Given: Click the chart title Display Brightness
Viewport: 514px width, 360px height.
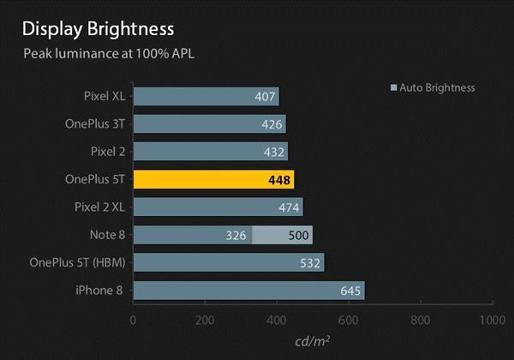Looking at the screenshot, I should pos(99,29).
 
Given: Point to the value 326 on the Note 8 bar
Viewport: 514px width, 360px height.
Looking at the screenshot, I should pos(236,235).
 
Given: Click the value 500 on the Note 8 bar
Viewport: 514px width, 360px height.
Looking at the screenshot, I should pos(299,235).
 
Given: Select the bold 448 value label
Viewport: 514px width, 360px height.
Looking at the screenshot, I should pos(280,179).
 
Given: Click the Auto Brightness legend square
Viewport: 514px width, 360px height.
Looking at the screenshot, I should pos(393,87).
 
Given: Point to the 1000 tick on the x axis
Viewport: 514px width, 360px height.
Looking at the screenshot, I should pos(491,320).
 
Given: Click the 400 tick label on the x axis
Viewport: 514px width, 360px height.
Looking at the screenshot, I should pos(276,320).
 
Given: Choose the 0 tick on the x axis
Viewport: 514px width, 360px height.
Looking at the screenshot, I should pos(133,320).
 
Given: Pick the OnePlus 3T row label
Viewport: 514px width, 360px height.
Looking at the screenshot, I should pos(95,123).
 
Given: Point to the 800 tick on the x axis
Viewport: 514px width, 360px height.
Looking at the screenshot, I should pos(420,320).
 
